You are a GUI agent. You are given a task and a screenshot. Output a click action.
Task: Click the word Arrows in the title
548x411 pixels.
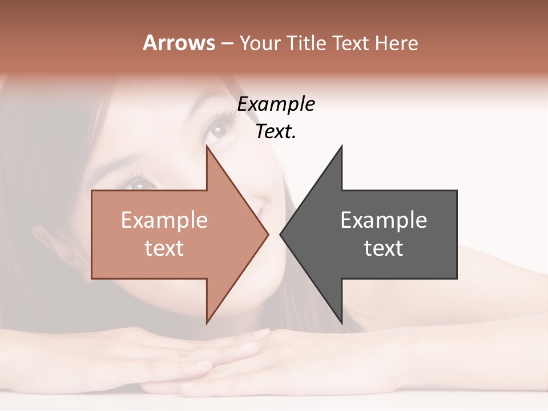point(179,43)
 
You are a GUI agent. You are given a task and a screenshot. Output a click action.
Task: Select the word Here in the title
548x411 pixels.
point(396,43)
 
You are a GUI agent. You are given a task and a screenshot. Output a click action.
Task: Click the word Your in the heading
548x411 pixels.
point(260,43)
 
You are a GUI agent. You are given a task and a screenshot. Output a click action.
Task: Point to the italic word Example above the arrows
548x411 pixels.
point(276,104)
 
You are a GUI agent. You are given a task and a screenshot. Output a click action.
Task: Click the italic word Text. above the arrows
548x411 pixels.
point(276,132)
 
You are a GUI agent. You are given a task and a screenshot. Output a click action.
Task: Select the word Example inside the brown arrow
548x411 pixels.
point(164,220)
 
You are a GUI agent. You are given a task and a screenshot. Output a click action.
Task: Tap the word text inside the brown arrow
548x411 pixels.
point(164,248)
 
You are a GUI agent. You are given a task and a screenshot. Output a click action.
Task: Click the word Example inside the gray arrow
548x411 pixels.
point(384,220)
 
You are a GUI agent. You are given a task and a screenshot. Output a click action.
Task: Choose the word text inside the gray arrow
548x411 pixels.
point(384,248)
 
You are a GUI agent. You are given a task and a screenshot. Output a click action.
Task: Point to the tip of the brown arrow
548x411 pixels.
point(268,234)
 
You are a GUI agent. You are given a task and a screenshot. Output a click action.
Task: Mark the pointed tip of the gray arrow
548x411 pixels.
point(281,234)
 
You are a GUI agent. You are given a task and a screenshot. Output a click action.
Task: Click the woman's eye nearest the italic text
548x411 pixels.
point(217,130)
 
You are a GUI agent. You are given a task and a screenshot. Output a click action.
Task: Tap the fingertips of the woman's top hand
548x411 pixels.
point(260,334)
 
